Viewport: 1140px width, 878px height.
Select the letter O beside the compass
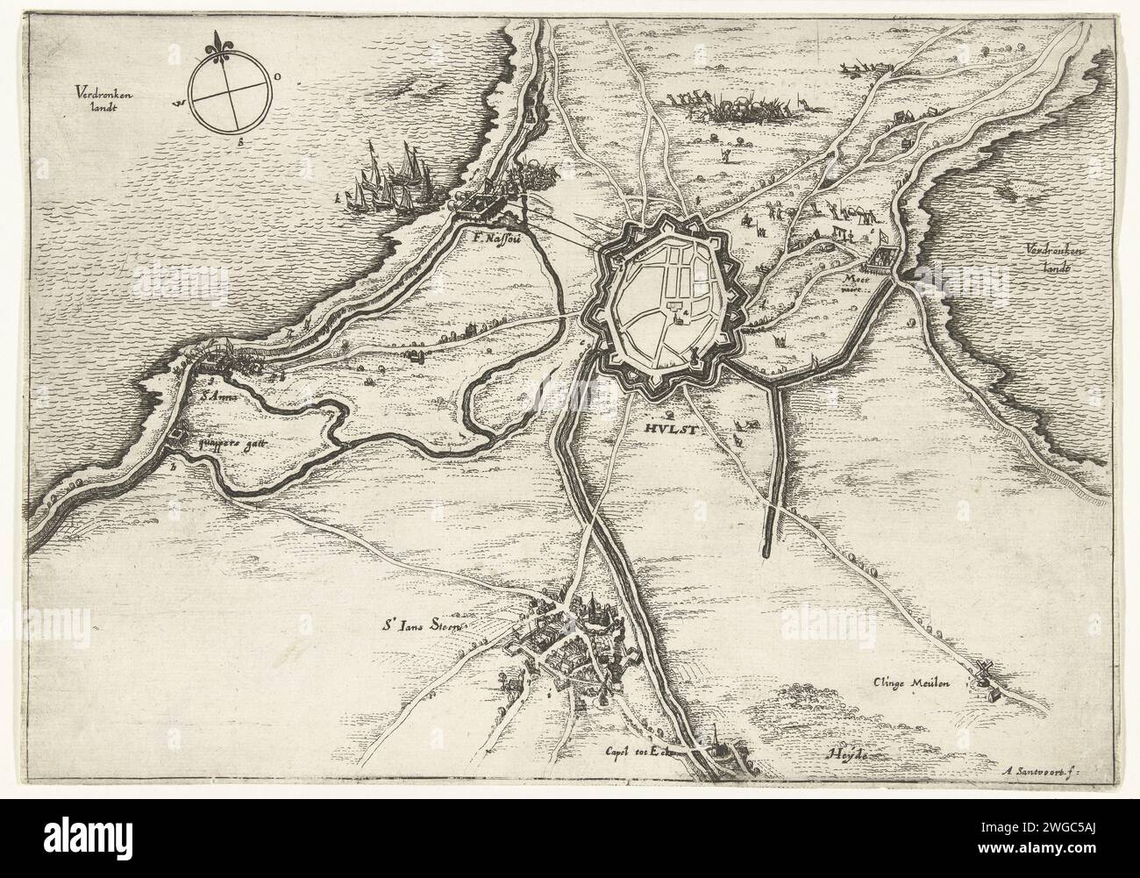278,78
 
